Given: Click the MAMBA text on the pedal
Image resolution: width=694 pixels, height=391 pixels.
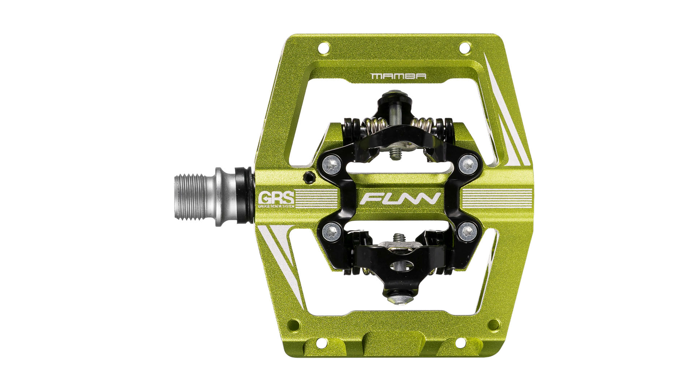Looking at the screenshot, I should coord(398,76).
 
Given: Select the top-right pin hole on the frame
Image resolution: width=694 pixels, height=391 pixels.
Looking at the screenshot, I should coord(464,47).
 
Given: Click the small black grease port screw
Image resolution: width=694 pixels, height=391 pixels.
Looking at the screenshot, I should coord(308,177).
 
